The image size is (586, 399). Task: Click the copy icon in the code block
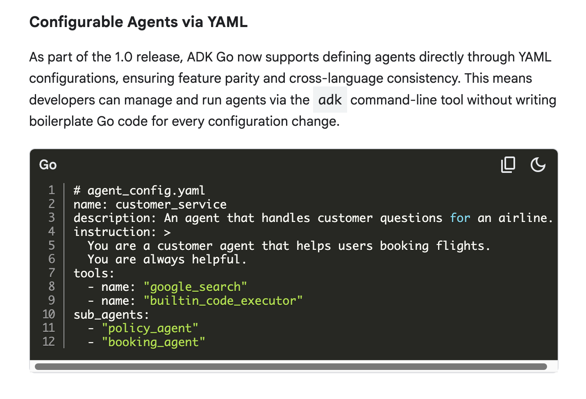pyautogui.click(x=508, y=165)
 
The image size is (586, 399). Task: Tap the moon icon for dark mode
pyautogui.click(x=538, y=165)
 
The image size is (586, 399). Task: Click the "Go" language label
pyautogui.click(x=48, y=165)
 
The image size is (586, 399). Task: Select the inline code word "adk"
pyautogui.click(x=330, y=100)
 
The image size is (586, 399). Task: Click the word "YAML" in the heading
pyautogui.click(x=227, y=22)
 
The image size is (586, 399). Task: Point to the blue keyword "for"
pyautogui.click(x=460, y=218)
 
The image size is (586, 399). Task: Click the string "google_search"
pyautogui.click(x=195, y=287)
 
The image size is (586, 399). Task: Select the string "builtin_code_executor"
pyautogui.click(x=223, y=301)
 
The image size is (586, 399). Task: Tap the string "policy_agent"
pyautogui.click(x=150, y=329)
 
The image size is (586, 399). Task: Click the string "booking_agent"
pyautogui.click(x=153, y=342)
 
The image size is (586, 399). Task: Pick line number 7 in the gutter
pyautogui.click(x=52, y=273)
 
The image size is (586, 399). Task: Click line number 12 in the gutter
pyautogui.click(x=49, y=342)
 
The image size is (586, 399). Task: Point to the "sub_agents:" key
pyautogui.click(x=111, y=315)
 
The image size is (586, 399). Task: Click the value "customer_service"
pyautogui.click(x=171, y=204)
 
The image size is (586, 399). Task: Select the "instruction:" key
pyautogui.click(x=115, y=232)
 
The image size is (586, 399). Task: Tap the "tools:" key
pyautogui.click(x=94, y=273)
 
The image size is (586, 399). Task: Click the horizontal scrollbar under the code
pyautogui.click(x=291, y=367)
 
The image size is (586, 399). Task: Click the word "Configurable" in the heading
pyautogui.click(x=76, y=22)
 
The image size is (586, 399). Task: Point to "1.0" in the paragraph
pyautogui.click(x=123, y=57)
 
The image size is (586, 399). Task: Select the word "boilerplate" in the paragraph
pyautogui.click(x=61, y=121)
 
